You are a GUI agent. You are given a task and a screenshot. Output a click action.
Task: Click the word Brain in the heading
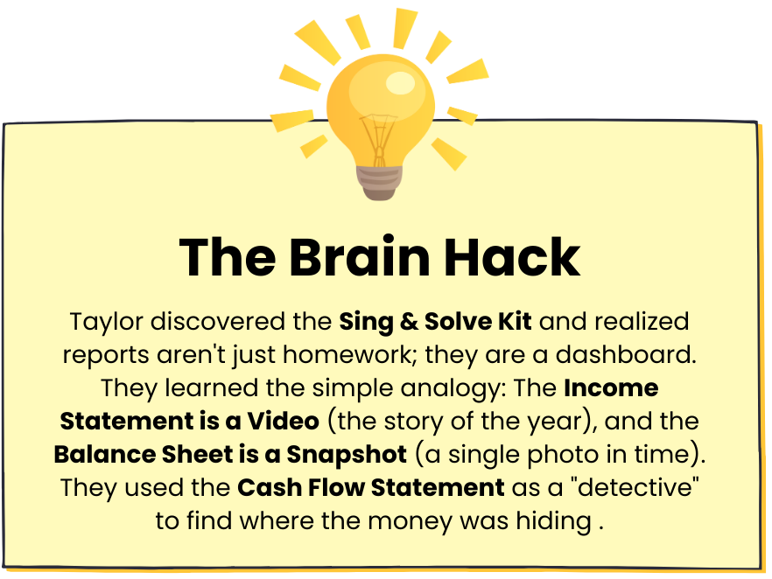360,257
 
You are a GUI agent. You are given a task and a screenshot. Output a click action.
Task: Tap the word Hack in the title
512,257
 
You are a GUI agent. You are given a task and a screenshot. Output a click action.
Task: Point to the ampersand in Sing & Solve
409,322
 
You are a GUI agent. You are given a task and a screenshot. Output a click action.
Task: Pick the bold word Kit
515,322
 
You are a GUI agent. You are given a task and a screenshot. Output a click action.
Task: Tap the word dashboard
626,355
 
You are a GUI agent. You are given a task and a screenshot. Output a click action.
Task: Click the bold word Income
611,388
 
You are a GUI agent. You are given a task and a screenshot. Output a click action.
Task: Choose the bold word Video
283,421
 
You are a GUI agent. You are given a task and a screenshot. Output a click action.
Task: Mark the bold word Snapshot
347,455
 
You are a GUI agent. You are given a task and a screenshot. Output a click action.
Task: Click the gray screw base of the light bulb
379,183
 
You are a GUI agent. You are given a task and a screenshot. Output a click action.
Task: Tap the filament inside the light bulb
379,140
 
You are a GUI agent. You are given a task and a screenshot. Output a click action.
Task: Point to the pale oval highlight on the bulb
400,83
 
